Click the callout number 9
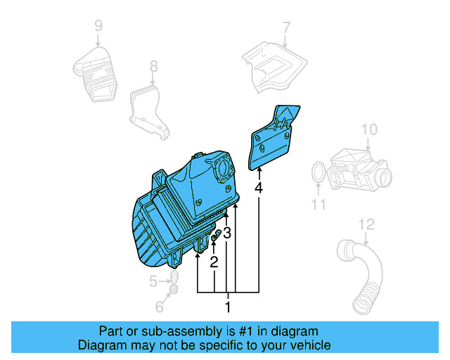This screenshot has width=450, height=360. click(98, 26)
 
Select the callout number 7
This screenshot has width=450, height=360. click(286, 27)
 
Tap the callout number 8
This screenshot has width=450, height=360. click(153, 67)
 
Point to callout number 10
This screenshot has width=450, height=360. click(369, 129)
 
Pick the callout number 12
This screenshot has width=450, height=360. click(365, 225)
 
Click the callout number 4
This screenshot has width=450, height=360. click(259, 188)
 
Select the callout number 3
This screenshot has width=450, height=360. click(227, 233)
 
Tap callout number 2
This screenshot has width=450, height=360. click(214, 262)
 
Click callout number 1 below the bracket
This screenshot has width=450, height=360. click(227, 307)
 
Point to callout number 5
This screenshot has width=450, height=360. click(153, 282)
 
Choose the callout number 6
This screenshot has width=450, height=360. click(159, 307)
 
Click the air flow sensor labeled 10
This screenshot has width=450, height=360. click(359, 168)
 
